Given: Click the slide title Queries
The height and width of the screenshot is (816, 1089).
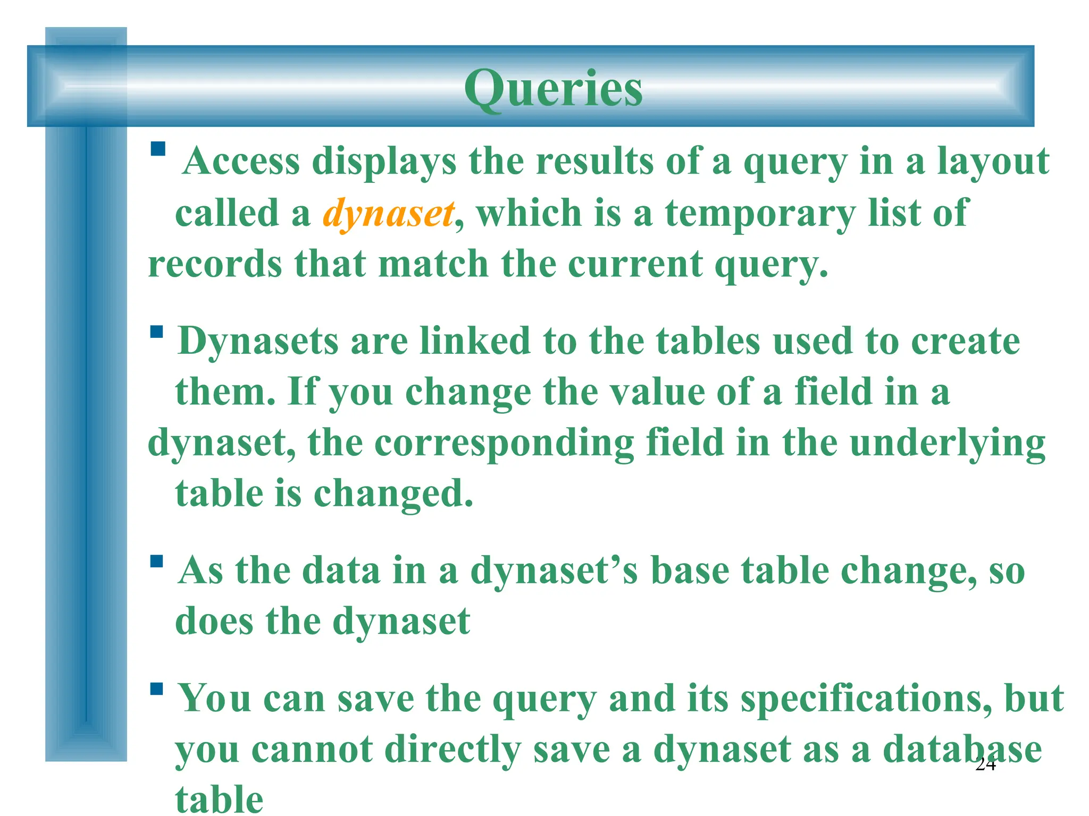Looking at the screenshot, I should pyautogui.click(x=553, y=89).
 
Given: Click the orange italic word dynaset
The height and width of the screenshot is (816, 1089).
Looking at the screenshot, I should pyautogui.click(x=389, y=214).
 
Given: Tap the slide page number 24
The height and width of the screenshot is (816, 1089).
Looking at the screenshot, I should pyautogui.click(x=985, y=764).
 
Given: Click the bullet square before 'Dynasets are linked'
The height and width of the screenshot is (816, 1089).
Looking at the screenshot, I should pyautogui.click(x=156, y=332).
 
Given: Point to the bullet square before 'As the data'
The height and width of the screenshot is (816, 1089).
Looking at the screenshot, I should pyautogui.click(x=156, y=562).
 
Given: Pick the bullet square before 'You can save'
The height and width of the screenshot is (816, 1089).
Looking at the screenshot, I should pyautogui.click(x=156, y=689).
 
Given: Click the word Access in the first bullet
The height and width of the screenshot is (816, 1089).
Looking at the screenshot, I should pyautogui.click(x=241, y=161).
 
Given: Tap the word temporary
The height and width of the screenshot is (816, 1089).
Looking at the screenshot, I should pyautogui.click(x=760, y=214).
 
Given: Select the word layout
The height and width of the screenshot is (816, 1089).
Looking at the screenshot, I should pyautogui.click(x=993, y=162).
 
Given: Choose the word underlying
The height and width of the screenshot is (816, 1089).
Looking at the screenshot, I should pyautogui.click(x=948, y=444).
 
